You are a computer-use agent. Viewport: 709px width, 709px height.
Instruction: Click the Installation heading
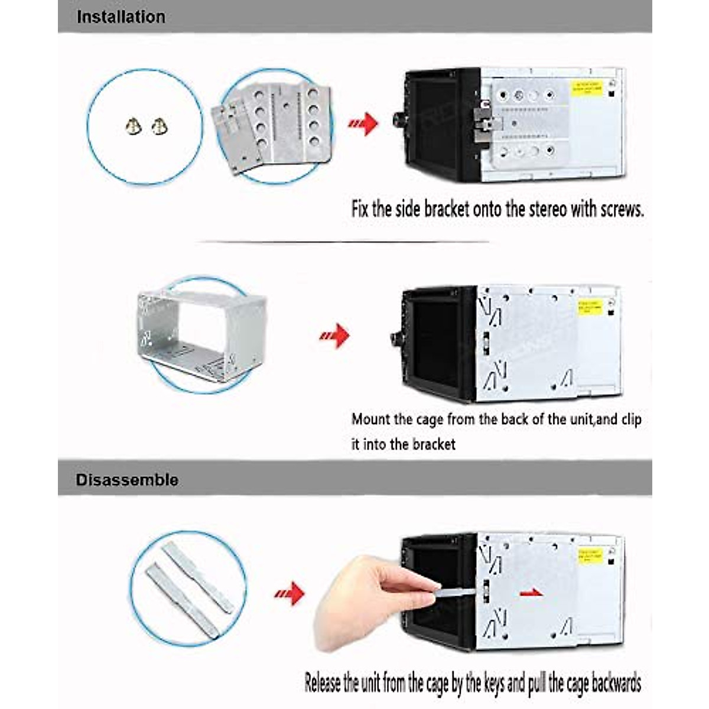click(x=121, y=17)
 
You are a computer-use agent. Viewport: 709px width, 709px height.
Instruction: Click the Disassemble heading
click(x=126, y=479)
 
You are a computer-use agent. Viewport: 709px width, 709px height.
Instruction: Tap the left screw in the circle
click(x=134, y=125)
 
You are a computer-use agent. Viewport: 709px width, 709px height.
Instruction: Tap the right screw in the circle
click(x=159, y=125)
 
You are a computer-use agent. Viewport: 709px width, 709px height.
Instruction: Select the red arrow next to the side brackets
click(x=363, y=123)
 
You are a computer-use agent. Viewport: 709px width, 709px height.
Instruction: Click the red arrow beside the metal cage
click(x=334, y=336)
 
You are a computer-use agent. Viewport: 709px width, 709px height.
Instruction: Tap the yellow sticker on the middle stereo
click(x=590, y=307)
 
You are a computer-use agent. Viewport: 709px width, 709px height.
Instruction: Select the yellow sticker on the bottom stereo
click(x=590, y=555)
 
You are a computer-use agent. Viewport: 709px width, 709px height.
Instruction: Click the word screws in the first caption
click(x=622, y=209)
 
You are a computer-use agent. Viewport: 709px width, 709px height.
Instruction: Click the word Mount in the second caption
click(x=370, y=419)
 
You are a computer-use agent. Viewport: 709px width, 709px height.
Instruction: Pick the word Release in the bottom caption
click(x=323, y=683)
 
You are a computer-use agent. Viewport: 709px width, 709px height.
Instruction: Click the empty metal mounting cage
click(x=201, y=334)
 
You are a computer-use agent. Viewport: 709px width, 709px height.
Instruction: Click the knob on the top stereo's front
click(x=397, y=121)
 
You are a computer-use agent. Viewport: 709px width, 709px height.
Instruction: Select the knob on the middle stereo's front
click(x=395, y=339)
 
